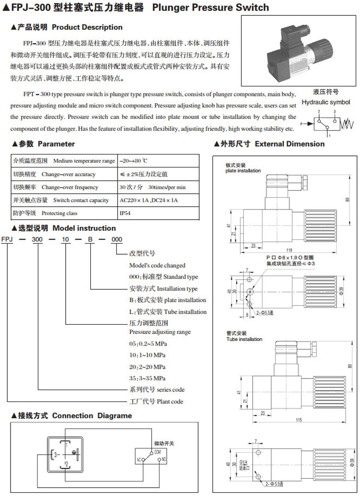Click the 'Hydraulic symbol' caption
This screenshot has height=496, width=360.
pyautogui.click(x=325, y=102)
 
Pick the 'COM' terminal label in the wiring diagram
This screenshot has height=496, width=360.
pyautogui.click(x=157, y=453)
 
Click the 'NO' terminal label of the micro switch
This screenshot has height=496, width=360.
pyautogui.click(x=163, y=460)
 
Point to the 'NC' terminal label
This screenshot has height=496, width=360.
pyautogui.click(x=138, y=460)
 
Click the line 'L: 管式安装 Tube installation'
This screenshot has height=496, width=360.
pyautogui.click(x=168, y=312)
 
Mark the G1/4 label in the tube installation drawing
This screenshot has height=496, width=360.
pyautogui.click(x=243, y=463)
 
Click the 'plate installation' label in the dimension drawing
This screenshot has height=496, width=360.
pyautogui.click(x=243, y=171)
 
